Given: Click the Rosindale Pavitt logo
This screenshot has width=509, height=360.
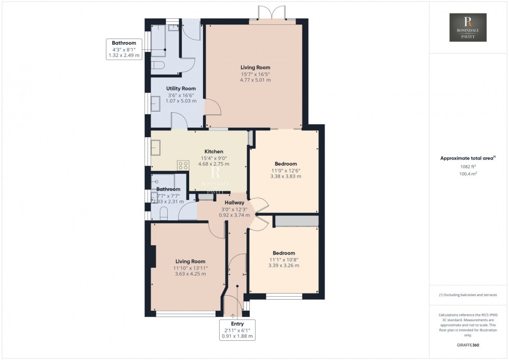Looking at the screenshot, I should (x=468, y=28).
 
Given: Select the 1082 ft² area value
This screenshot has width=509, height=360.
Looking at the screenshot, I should (x=468, y=167).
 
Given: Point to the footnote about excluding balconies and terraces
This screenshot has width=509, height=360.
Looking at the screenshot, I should (x=468, y=295).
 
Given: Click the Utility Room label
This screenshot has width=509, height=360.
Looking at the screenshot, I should (x=181, y=89).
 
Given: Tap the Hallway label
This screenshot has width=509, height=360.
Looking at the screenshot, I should (x=235, y=203).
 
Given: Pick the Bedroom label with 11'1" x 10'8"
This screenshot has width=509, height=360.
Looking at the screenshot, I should (x=284, y=253).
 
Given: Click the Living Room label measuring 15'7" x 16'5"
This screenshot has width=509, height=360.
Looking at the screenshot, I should (x=255, y=68).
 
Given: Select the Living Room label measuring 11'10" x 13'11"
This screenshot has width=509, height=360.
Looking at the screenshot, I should (x=190, y=261).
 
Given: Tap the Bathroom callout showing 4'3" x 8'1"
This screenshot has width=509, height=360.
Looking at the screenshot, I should (x=124, y=43).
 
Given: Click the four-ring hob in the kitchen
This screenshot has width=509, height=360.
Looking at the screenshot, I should (x=183, y=165).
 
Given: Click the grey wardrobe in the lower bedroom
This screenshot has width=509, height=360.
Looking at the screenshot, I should (x=296, y=221).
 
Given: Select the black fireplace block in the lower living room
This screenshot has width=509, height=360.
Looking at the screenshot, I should (x=153, y=257).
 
